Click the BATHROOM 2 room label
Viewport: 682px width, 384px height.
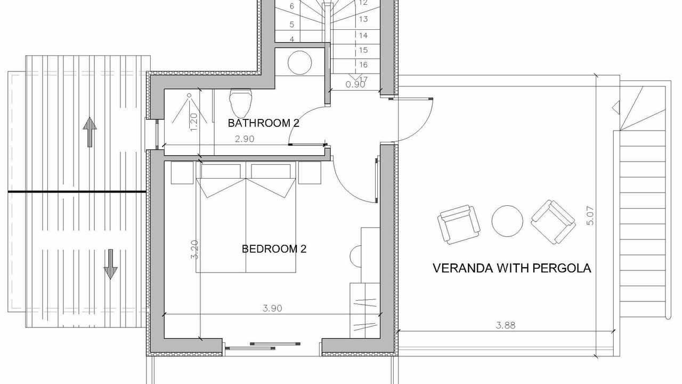tap(263, 123)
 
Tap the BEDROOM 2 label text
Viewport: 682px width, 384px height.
tap(274, 249)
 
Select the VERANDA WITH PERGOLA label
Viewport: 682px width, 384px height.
tap(512, 268)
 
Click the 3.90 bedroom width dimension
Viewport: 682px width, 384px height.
tap(272, 308)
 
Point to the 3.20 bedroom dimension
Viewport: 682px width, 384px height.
tap(194, 250)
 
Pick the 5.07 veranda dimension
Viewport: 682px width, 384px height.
tap(590, 216)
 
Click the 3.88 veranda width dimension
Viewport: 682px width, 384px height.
tap(506, 325)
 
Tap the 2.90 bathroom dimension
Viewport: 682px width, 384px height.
tap(245, 139)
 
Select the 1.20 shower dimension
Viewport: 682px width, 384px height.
tap(193, 122)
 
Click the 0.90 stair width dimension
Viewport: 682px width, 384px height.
tap(355, 84)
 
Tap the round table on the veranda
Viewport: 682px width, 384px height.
tap(507, 221)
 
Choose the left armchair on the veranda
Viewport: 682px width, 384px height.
tap(459, 224)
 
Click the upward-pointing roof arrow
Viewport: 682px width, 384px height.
tap(90, 132)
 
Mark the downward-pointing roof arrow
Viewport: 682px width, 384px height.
tap(110, 264)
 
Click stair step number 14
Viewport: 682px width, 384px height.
tap(363, 35)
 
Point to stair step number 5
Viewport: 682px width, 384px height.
tap(291, 25)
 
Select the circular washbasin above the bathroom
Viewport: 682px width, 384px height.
tap(299, 62)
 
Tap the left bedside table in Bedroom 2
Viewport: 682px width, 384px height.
tap(182, 172)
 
